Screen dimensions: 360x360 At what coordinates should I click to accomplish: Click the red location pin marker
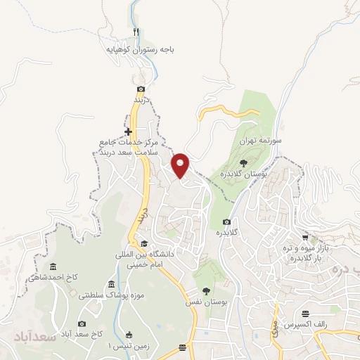click(181, 165)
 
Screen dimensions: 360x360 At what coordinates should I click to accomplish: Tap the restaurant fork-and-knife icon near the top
click(136, 32)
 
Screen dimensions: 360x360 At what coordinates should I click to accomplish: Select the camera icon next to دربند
click(141, 89)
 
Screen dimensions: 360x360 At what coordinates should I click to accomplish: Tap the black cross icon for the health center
click(128, 131)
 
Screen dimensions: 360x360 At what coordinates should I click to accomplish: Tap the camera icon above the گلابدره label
click(226, 222)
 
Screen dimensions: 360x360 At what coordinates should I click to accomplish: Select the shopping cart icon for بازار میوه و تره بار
click(304, 238)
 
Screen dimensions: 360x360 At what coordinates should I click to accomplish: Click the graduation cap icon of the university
click(145, 243)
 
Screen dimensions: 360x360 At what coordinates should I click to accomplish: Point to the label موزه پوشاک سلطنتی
click(105, 295)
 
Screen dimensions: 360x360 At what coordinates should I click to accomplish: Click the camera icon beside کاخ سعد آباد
click(82, 323)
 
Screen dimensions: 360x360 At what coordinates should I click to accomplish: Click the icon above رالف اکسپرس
click(304, 314)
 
